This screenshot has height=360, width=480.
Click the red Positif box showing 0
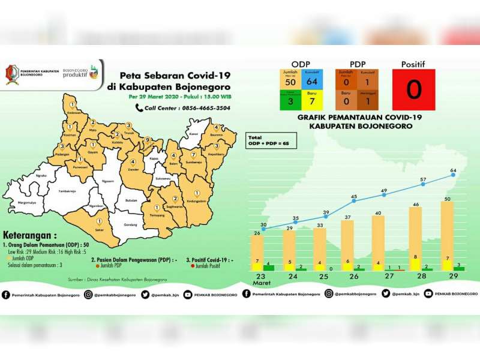(413, 90)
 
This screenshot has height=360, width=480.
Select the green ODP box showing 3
(290, 100)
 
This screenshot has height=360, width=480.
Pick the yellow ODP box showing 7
(311, 100)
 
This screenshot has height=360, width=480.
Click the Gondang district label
(132, 225)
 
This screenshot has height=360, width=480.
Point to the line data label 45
(354, 196)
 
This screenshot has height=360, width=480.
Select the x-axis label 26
(354, 277)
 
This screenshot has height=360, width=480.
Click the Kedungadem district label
(196, 200)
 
